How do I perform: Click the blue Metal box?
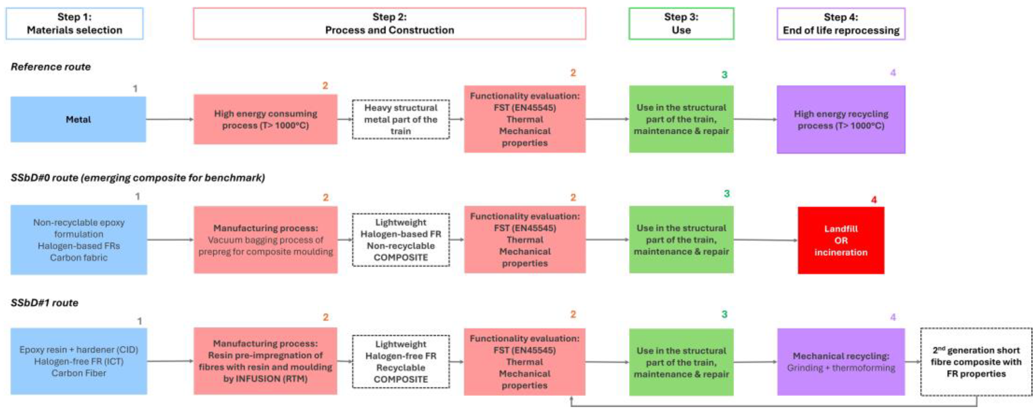[x=78, y=119]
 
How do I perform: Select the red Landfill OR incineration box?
[x=840, y=240]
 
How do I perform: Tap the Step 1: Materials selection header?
[x=74, y=24]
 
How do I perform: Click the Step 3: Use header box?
[x=681, y=24]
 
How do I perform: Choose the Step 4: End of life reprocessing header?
[x=840, y=24]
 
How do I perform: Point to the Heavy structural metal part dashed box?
[x=401, y=119]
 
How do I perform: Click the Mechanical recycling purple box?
[x=840, y=362]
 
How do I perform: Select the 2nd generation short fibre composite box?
[x=976, y=362]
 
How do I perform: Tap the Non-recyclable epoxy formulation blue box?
[x=79, y=240]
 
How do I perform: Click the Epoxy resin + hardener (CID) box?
[x=79, y=361]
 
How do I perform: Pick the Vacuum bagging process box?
[x=266, y=240]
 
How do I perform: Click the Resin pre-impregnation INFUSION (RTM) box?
[x=266, y=361]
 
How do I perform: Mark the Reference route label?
[x=51, y=67]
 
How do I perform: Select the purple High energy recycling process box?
[x=840, y=119]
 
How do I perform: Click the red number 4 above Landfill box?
[x=873, y=200]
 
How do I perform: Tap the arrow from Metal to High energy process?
[x=170, y=119]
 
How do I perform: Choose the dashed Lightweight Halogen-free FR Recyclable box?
[x=401, y=362]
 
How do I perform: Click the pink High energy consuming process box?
[x=266, y=119]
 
